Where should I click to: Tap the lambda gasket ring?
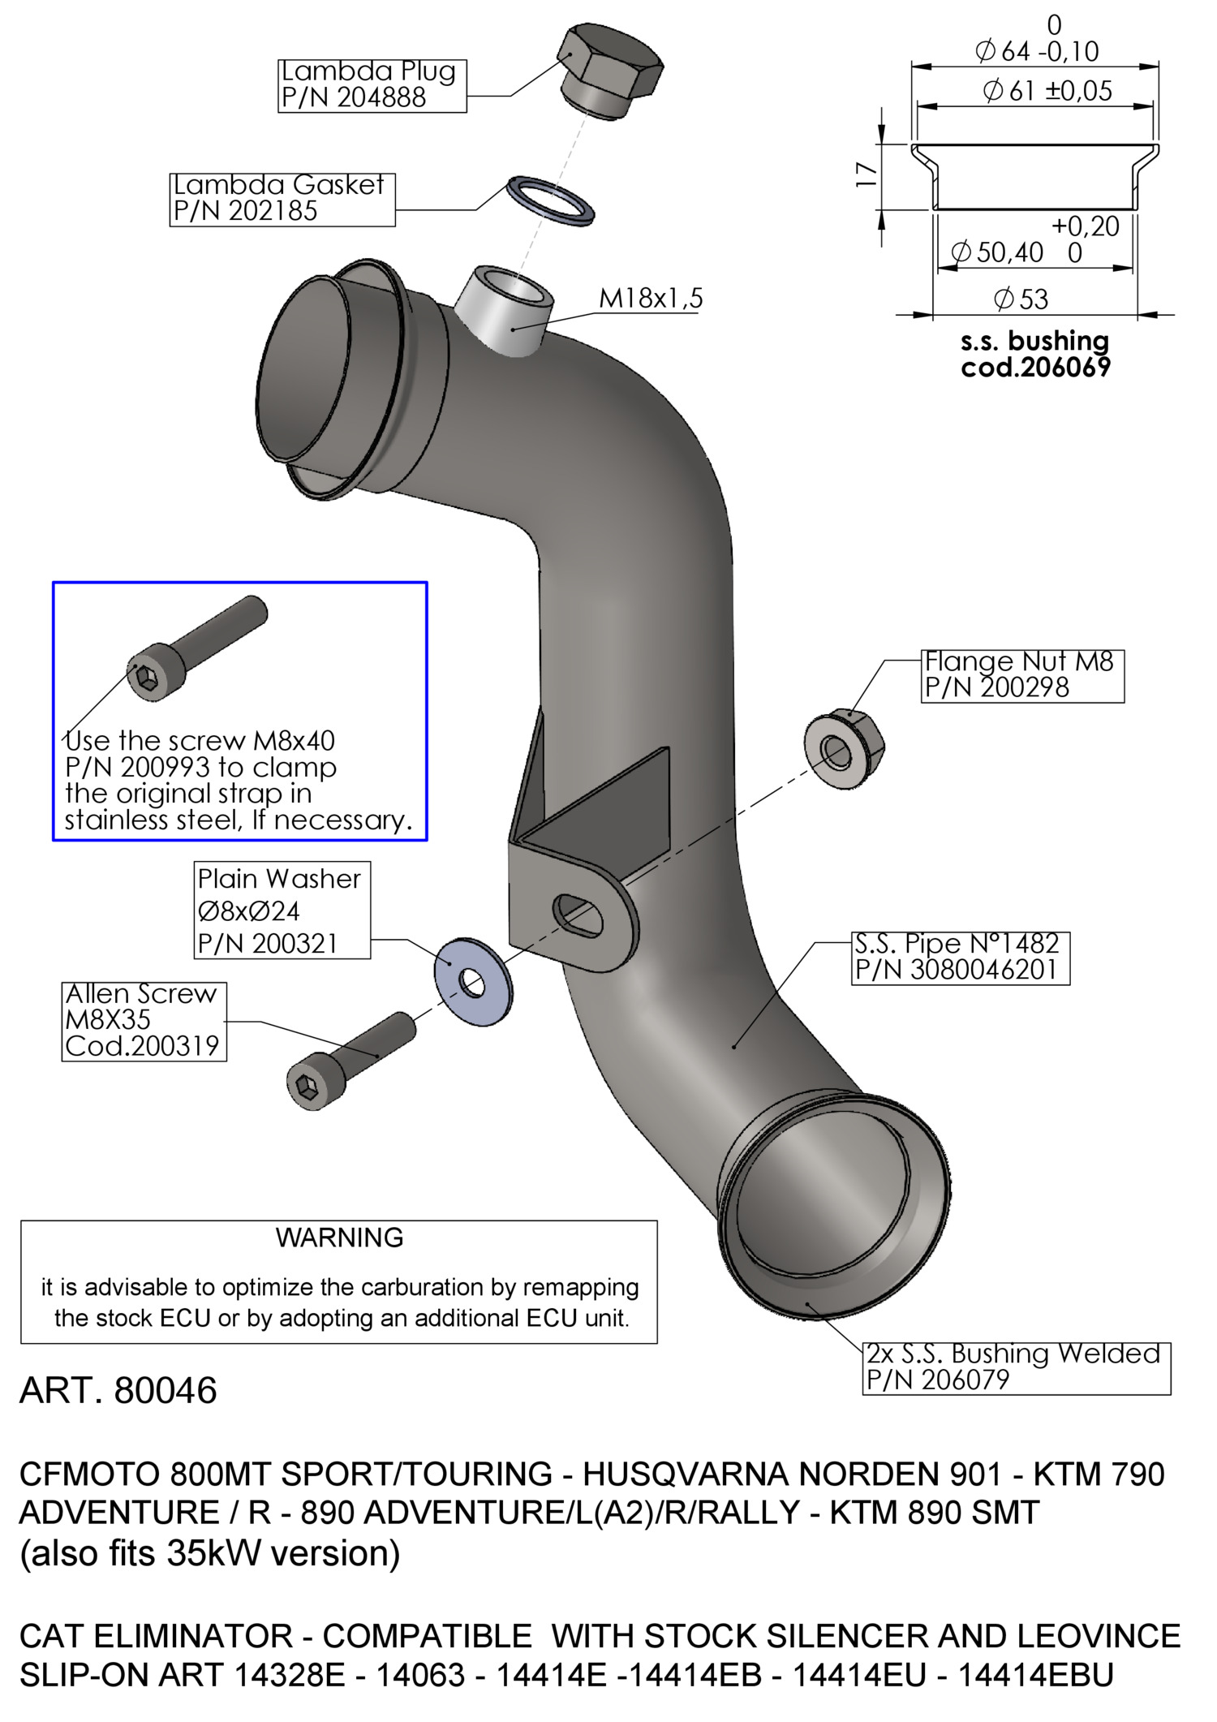[x=551, y=200]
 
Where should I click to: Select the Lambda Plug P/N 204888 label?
[x=372, y=84]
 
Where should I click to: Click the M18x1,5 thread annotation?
[x=651, y=299]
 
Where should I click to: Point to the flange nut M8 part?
[x=844, y=751]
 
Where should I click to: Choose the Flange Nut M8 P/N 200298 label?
[x=1022, y=675]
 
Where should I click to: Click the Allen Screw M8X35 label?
[x=144, y=1021]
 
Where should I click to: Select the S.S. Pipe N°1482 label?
[x=960, y=958]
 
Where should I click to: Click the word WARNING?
[x=339, y=1238]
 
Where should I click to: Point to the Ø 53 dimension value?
[x=1021, y=299]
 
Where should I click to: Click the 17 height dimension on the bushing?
[x=867, y=174]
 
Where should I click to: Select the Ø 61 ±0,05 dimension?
[x=1047, y=90]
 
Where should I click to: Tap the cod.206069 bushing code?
[x=1035, y=368]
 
